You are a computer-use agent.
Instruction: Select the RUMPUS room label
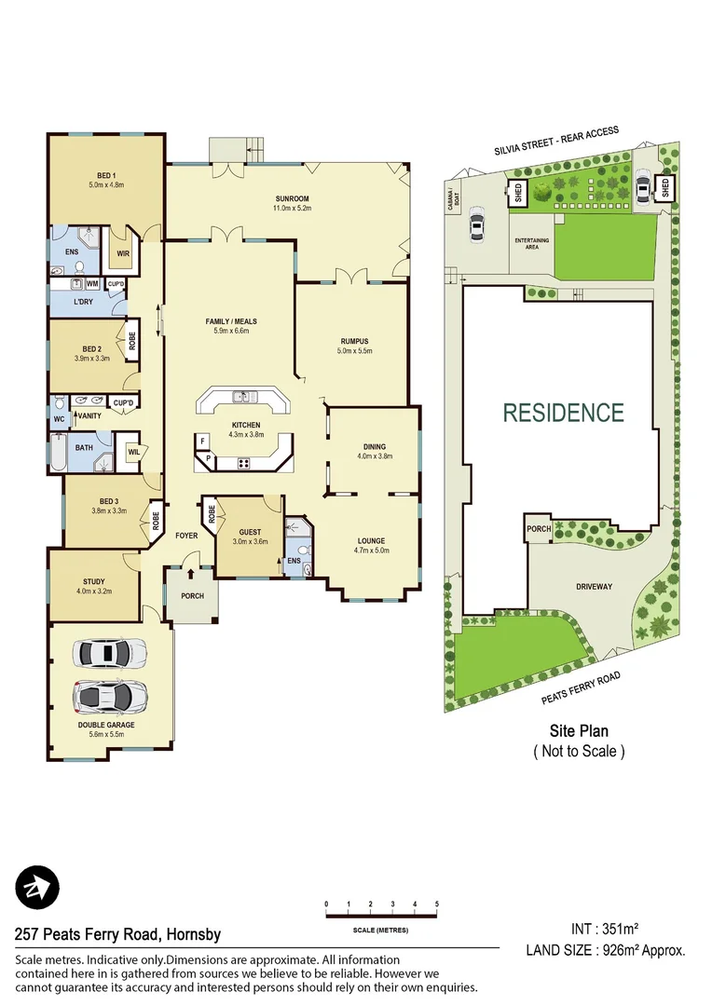tap(355, 341)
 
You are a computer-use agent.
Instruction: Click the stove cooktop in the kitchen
tap(244, 463)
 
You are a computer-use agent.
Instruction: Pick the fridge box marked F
tap(201, 441)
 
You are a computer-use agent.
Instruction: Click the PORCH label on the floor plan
tap(192, 596)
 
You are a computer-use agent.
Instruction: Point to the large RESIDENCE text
tap(563, 413)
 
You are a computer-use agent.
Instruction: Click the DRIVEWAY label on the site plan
tap(594, 587)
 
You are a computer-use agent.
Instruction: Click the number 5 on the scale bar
tap(436, 904)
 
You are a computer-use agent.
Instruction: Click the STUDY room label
tap(94, 582)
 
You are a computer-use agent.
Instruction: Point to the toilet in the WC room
tap(60, 404)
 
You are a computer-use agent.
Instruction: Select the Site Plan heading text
tap(578, 732)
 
